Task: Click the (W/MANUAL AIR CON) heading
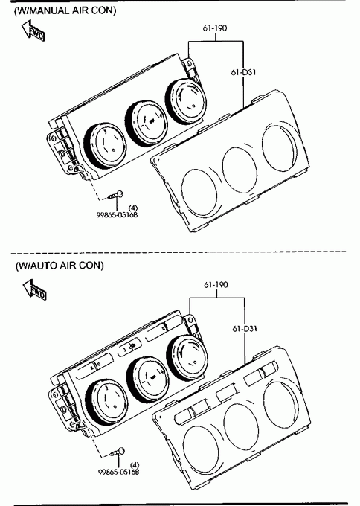coord(65,10)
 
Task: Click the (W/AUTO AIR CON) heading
coord(60,265)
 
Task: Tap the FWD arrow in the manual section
coord(33,30)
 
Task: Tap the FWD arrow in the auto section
coord(34,289)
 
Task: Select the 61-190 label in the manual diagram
coord(215,28)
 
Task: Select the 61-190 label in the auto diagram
coord(216,284)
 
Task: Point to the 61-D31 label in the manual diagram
coord(243,72)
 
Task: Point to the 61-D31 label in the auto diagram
coord(245,329)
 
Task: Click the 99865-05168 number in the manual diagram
coord(117,214)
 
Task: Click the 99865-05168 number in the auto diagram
coord(119,472)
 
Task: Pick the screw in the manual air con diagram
coord(115,195)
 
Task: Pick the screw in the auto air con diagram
coord(118,452)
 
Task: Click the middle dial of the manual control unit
coord(147,123)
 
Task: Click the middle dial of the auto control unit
coord(148,379)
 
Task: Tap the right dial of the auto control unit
coord(187,356)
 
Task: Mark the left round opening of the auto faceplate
coord(201,450)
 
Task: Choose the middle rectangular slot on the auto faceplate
coord(226,392)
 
